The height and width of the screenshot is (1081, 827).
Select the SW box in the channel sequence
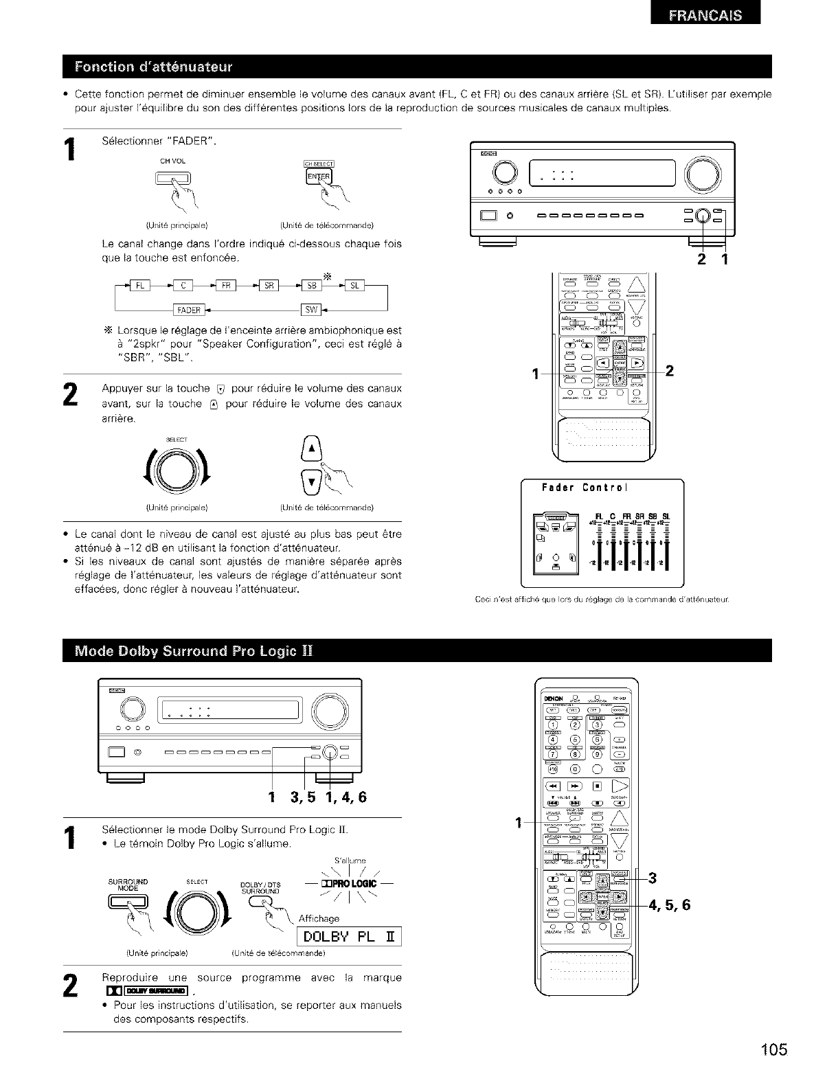[x=311, y=309]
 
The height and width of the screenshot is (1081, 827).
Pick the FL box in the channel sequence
[x=139, y=285]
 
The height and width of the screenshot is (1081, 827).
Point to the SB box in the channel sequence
[x=311, y=285]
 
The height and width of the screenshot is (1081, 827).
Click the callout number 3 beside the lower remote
[x=653, y=877]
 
